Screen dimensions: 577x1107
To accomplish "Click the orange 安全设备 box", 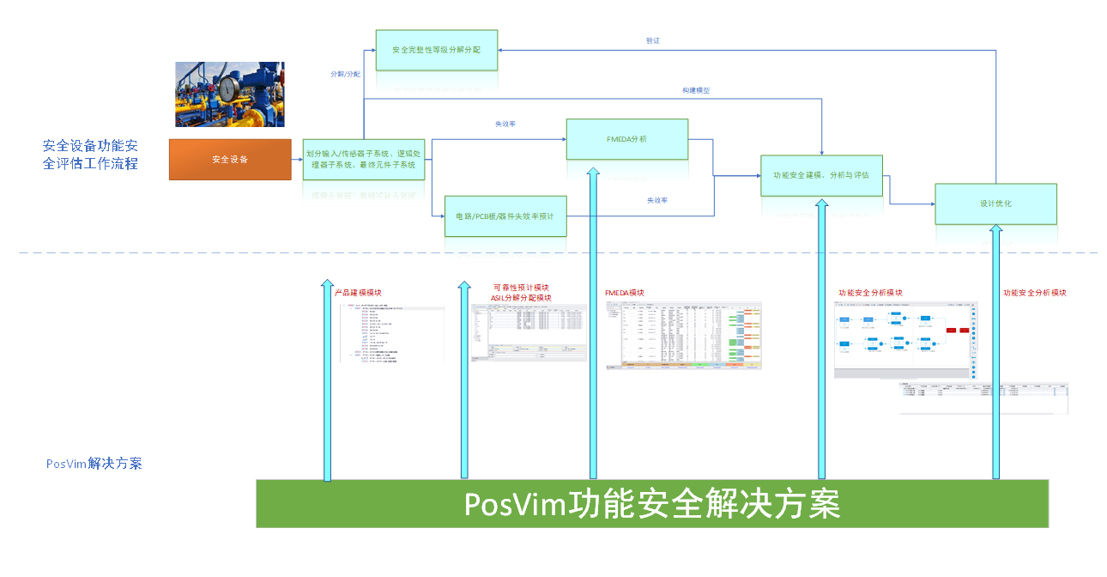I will tap(230, 159).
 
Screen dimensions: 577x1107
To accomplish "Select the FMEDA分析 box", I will tap(626, 139).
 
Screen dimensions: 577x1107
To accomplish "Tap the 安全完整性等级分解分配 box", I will tap(436, 50).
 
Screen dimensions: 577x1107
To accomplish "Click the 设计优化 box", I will tap(995, 203).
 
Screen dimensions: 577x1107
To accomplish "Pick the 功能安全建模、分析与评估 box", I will tap(821, 175).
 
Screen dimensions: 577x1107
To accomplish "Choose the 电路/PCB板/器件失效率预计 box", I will tap(505, 216).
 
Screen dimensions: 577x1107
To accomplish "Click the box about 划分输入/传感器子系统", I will tap(364, 159).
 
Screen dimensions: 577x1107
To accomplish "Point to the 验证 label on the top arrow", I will tap(653, 40).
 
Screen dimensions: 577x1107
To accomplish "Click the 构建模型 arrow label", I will tap(696, 90).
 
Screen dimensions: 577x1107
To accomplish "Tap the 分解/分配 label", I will tap(345, 75).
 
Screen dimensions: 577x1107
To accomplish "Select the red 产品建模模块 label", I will tap(358, 293).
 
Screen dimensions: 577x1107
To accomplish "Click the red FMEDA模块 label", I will tap(624, 293).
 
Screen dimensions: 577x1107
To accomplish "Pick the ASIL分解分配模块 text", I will tap(521, 298).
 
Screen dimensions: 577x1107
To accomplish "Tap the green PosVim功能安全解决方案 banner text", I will tap(652, 504).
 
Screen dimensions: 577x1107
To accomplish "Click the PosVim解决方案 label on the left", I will tap(94, 464).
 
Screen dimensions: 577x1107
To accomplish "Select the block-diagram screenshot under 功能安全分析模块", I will tap(906, 340).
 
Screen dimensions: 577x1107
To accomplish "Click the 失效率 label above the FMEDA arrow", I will tap(505, 124).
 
